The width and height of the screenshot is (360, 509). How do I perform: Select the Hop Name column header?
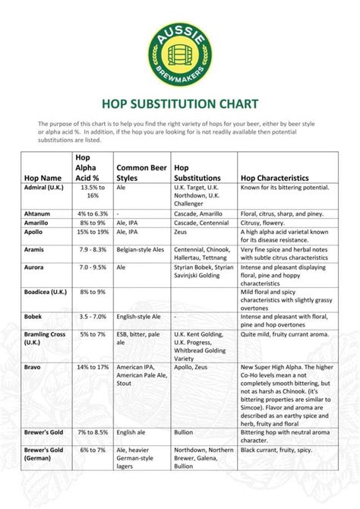43,178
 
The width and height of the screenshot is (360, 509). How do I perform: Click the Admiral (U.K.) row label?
44,187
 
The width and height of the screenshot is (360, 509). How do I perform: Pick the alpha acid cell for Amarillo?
92,223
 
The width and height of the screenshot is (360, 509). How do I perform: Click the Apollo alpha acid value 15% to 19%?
92,232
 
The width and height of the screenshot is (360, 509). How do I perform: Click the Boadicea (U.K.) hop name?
48,292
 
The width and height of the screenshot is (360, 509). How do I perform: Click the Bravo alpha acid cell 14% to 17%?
92,367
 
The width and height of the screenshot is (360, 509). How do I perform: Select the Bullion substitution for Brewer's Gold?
184,432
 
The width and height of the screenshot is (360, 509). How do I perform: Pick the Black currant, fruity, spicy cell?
276,450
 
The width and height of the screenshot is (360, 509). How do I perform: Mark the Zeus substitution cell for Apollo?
182,232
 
